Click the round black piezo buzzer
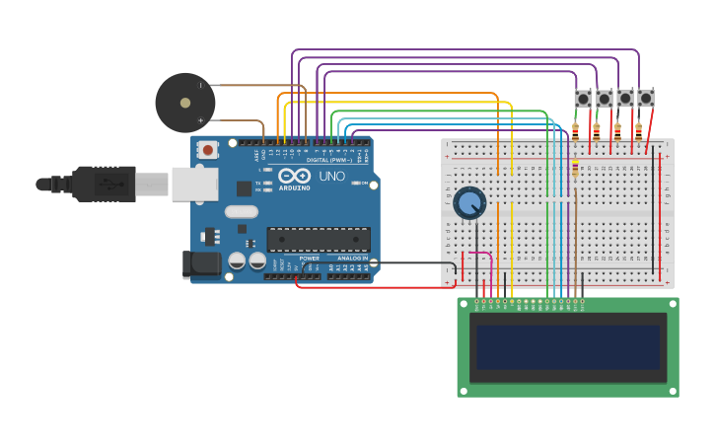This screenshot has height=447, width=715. (184, 103)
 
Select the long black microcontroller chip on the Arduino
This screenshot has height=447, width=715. (319, 239)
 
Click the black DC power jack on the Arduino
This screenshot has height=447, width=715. (200, 263)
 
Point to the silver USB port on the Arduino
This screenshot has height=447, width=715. (194, 184)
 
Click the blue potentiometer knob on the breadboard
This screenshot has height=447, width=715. (470, 203)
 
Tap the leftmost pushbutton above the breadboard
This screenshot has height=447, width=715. (583, 99)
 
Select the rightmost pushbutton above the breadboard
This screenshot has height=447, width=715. (646, 99)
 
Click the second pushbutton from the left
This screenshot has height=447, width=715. (604, 99)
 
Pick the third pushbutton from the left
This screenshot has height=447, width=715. (625, 99)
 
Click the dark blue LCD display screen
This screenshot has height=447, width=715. (567, 347)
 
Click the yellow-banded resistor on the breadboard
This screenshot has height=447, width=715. (575, 170)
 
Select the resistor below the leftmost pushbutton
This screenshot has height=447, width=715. (575, 129)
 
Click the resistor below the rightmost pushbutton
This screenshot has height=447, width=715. (638, 129)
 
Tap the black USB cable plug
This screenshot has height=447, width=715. (103, 184)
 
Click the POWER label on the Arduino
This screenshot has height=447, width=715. (310, 258)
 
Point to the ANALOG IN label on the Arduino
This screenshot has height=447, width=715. (351, 258)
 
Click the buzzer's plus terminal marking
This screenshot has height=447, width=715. (201, 120)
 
